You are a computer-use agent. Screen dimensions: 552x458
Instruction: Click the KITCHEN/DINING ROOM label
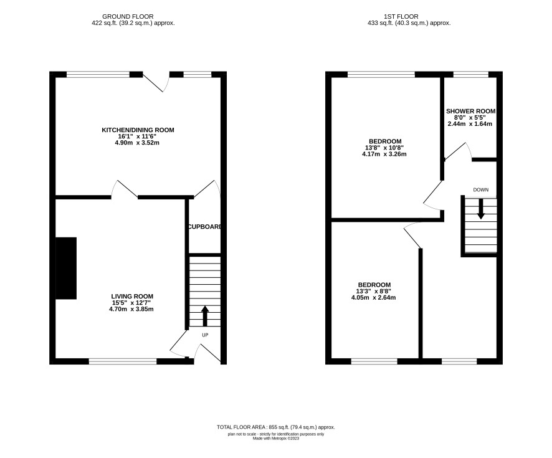click(x=138, y=130)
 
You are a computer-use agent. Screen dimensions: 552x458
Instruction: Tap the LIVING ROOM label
click(x=132, y=297)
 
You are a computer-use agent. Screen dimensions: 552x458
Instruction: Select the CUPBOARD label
click(x=205, y=227)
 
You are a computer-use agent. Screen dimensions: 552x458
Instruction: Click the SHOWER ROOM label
click(x=470, y=112)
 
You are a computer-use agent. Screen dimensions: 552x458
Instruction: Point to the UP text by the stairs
click(x=205, y=335)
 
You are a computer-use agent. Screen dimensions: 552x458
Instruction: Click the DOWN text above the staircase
click(x=481, y=190)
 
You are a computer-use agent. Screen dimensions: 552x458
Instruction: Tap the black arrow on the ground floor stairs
click(x=205, y=316)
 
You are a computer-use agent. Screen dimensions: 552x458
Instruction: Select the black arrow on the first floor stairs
click(x=481, y=209)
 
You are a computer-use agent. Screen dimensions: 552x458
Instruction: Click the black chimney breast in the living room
click(x=66, y=268)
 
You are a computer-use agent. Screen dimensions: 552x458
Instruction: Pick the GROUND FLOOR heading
click(x=128, y=17)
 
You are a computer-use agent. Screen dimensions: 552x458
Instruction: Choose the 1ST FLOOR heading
click(x=401, y=17)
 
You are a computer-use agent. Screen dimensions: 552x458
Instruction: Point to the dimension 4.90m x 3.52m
click(x=139, y=143)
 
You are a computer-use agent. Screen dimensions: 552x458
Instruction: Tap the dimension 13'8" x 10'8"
click(x=384, y=148)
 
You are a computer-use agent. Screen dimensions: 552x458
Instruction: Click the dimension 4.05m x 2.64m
click(x=374, y=297)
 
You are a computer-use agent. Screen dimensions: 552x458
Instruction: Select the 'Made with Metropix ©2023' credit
click(x=276, y=438)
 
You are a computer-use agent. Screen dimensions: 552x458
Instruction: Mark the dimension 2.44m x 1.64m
click(x=470, y=124)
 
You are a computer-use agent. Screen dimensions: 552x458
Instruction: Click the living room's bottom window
click(x=123, y=361)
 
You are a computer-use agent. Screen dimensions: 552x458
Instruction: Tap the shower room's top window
click(x=470, y=74)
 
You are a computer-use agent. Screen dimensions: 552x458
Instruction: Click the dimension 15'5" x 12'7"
click(x=131, y=303)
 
